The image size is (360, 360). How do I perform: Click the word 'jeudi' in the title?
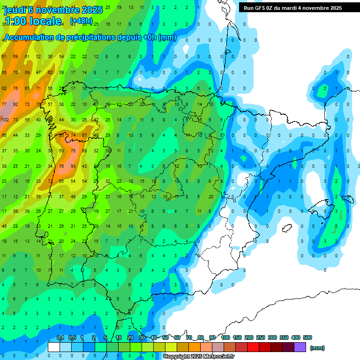coord(15,10)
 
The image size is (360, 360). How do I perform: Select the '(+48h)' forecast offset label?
coord(81,21)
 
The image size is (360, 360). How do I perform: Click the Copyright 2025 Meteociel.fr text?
coord(199,356)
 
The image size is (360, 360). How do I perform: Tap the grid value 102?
coord(5,120)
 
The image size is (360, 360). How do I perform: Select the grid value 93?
coord(73,166)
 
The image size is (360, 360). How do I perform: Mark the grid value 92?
coord(15,104)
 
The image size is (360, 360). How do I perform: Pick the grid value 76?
coord(61,166)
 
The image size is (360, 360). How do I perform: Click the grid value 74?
coord(73,135)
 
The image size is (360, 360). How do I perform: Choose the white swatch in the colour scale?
coord(54,347)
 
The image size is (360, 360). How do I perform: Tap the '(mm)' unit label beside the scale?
coord(317,348)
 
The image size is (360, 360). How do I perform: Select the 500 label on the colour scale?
coord(307,337)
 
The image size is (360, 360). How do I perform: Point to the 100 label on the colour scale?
coord(225,337)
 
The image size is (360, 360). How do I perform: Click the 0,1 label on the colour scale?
coord(60,337)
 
